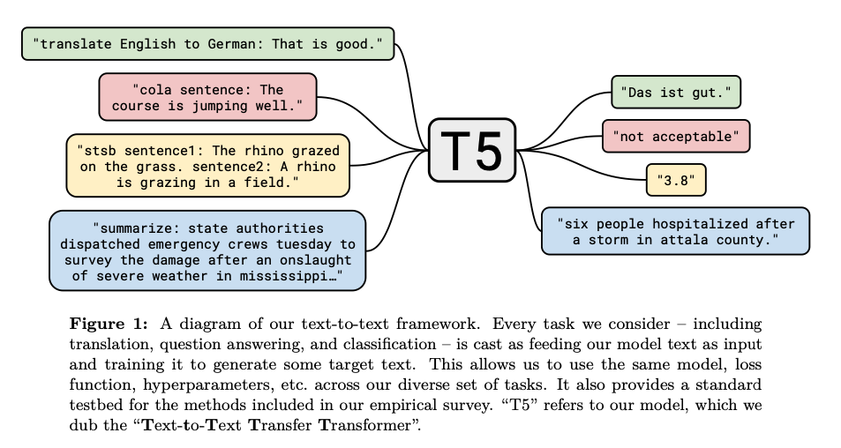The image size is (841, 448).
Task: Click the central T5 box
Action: click(x=472, y=150)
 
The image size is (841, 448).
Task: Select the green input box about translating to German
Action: click(x=208, y=44)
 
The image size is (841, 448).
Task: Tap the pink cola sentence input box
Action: click(x=208, y=97)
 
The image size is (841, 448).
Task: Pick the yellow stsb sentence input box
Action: click(x=208, y=164)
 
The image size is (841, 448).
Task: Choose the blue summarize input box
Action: click(x=208, y=250)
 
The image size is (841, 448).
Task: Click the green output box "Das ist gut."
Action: click(x=676, y=92)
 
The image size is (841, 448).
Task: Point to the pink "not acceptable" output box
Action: click(x=676, y=136)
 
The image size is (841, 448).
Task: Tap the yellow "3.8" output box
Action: click(x=676, y=180)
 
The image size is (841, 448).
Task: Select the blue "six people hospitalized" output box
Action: click(x=676, y=231)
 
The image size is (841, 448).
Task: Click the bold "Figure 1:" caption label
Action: click(x=101, y=324)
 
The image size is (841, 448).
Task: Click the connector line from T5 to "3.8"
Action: click(x=600, y=172)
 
